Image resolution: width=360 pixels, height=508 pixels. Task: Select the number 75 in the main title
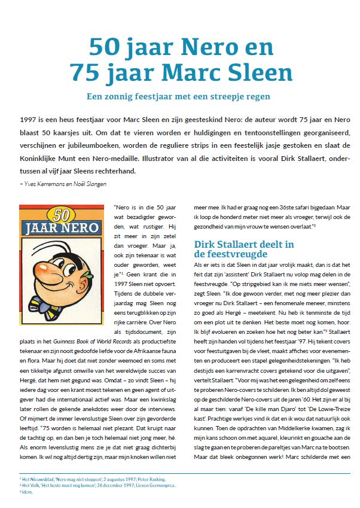coord(86,73)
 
